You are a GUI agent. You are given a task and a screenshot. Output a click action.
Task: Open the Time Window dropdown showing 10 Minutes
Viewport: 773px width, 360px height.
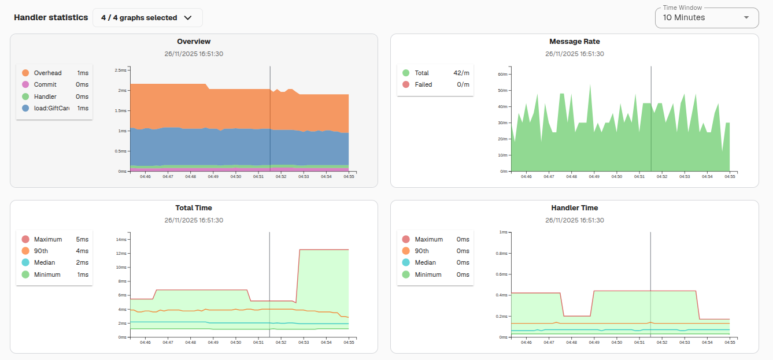point(706,18)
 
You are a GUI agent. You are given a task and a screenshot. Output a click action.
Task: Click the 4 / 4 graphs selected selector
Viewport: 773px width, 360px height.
point(147,18)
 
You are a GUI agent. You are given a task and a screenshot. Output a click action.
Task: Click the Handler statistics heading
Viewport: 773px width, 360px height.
point(51,17)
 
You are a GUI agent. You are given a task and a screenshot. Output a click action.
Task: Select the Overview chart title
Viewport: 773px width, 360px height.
point(194,42)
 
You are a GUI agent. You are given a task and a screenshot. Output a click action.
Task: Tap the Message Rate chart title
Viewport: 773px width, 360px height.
point(574,42)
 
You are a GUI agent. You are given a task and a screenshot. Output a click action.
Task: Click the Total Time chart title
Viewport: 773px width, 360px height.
point(194,208)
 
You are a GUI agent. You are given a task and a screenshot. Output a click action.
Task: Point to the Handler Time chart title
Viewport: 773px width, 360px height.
point(574,208)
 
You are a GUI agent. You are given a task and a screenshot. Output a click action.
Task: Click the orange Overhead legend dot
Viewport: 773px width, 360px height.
point(25,73)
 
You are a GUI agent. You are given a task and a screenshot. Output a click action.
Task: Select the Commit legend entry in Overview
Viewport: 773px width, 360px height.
point(45,84)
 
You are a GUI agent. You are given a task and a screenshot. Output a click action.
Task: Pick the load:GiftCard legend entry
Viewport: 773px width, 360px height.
point(51,108)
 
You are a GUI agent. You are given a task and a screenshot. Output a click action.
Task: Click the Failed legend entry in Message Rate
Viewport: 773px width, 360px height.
point(423,84)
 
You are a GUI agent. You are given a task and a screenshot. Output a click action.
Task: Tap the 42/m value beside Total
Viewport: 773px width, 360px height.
point(461,73)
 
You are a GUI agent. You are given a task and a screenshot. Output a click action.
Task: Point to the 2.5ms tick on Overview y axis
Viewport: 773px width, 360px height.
point(120,70)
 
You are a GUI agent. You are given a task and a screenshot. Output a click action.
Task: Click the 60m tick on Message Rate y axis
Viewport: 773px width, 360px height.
point(502,75)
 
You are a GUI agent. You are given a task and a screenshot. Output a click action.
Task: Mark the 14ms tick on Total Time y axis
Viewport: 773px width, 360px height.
point(121,239)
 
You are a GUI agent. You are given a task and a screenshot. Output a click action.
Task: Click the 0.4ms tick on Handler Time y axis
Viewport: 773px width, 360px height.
point(501,295)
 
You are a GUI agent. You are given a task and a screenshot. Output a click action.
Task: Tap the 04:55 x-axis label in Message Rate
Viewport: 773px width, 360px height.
point(730,177)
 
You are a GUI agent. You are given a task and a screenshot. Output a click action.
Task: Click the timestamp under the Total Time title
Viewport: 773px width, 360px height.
point(194,220)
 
